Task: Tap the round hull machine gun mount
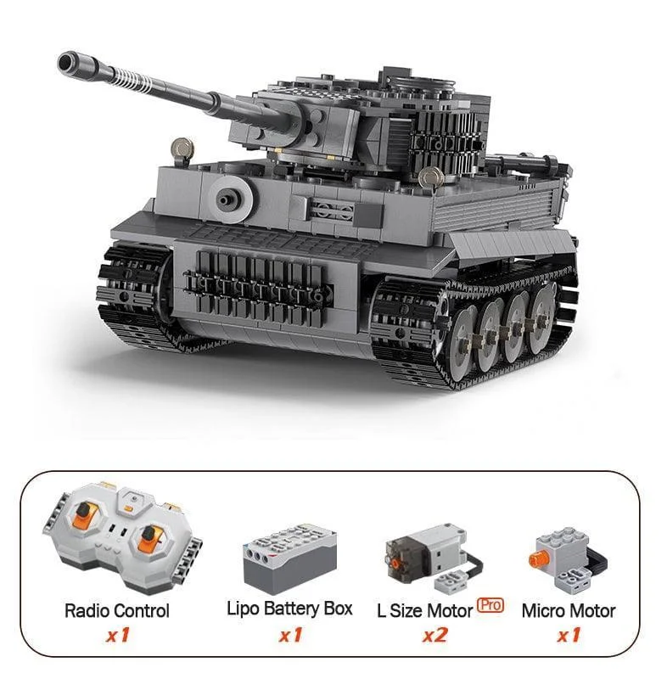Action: pyautogui.click(x=230, y=199)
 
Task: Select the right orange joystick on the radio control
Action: pyautogui.click(x=149, y=537)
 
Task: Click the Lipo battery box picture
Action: pyautogui.click(x=289, y=556)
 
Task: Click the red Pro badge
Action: pyautogui.click(x=490, y=605)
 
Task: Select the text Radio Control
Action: pyautogui.click(x=116, y=611)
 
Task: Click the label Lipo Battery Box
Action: pyautogui.click(x=289, y=609)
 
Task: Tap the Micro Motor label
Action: pyautogui.click(x=569, y=611)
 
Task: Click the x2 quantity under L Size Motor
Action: pyautogui.click(x=435, y=635)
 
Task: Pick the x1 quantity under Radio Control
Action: pyautogui.click(x=118, y=635)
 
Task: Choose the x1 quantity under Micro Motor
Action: pyautogui.click(x=569, y=635)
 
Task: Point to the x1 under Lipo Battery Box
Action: pyautogui.click(x=290, y=635)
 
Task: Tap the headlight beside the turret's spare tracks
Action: pyautogui.click(x=429, y=177)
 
